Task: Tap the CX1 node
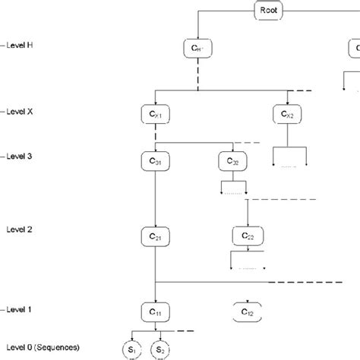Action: [154, 115]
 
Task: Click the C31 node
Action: [154, 161]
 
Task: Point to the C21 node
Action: [154, 238]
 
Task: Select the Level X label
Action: [17, 112]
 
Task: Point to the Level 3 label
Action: [17, 156]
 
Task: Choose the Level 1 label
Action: [17, 310]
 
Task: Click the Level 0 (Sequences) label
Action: [38, 346]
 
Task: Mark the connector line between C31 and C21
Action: [154, 199]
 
